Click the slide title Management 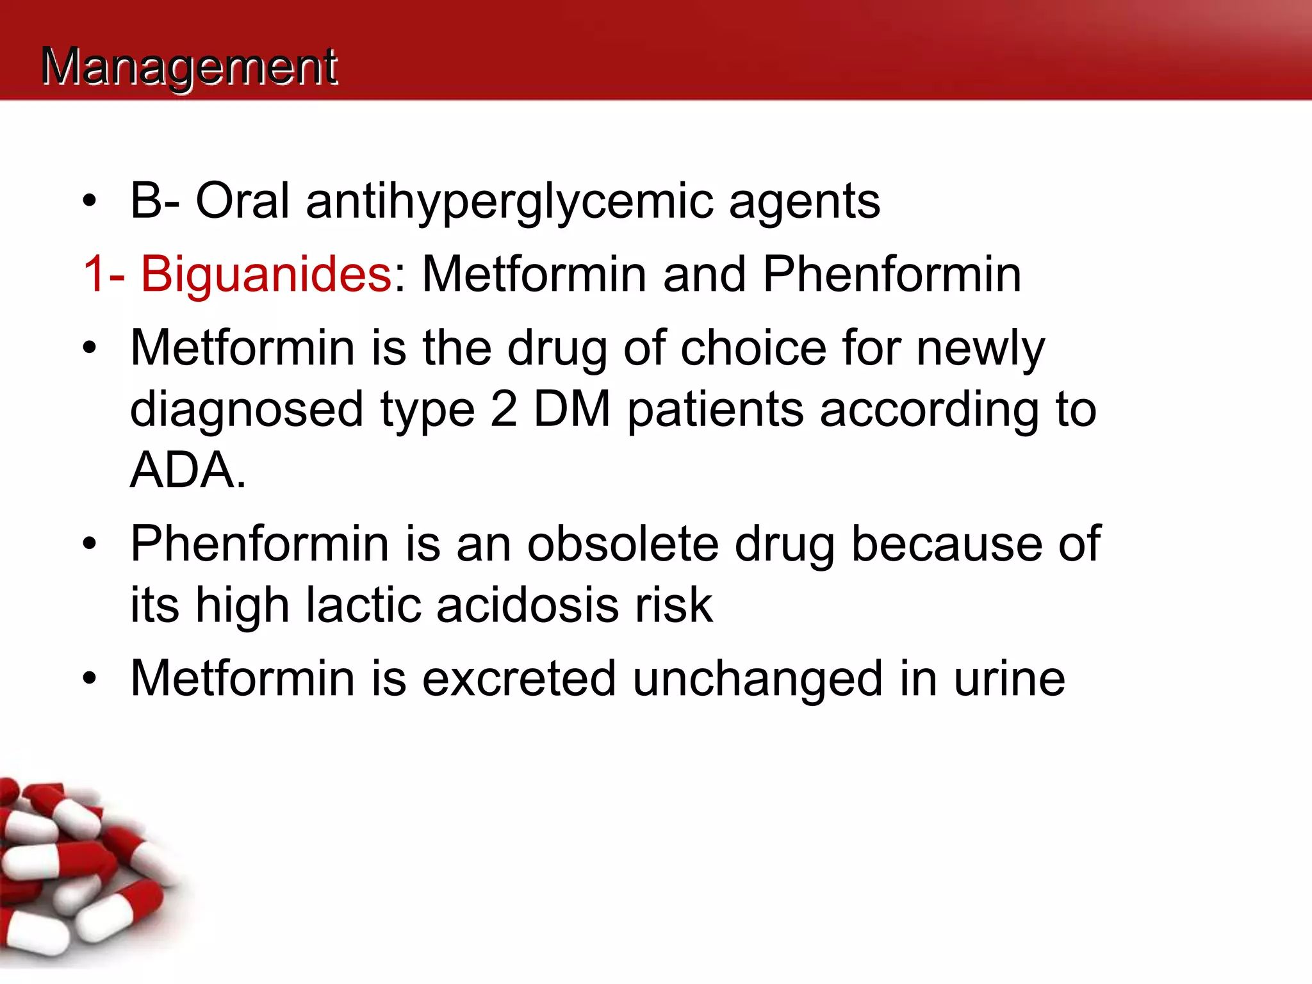click(189, 67)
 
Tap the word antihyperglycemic click(509, 202)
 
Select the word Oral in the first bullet click(242, 201)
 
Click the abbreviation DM click(572, 409)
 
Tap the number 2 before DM click(504, 409)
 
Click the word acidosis click(527, 605)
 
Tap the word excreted click(519, 678)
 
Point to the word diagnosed click(247, 411)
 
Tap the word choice click(753, 348)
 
